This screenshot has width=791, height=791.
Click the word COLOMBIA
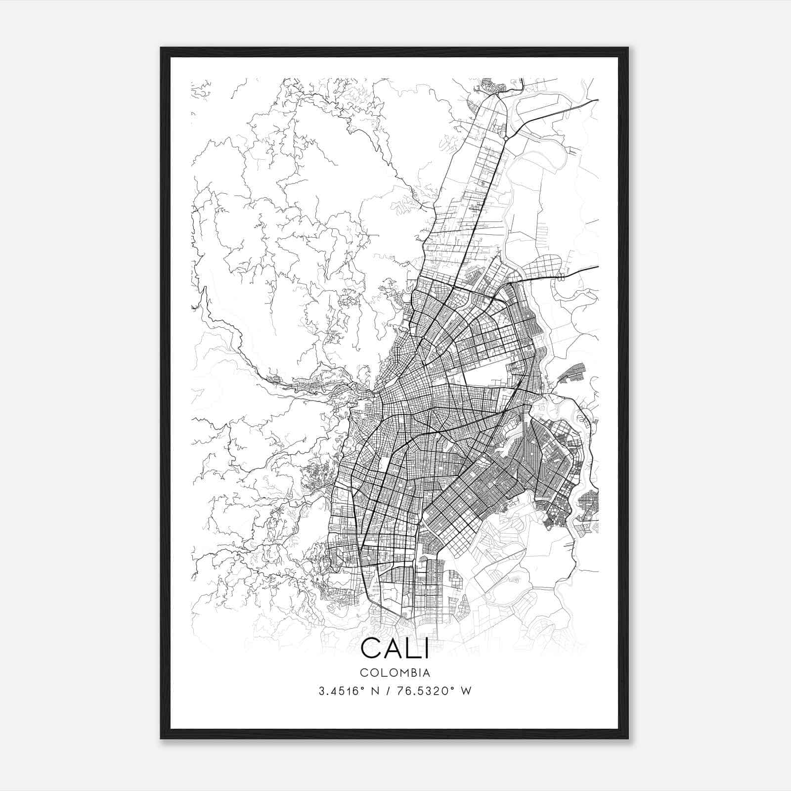coord(395,673)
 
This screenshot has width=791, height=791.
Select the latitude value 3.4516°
coord(341,691)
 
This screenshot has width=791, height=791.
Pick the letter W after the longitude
coord(466,691)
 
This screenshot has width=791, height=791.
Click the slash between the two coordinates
coord(387,691)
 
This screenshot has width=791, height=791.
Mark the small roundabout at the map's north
coord(505,134)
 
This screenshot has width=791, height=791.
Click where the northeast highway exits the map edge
coord(597,100)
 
